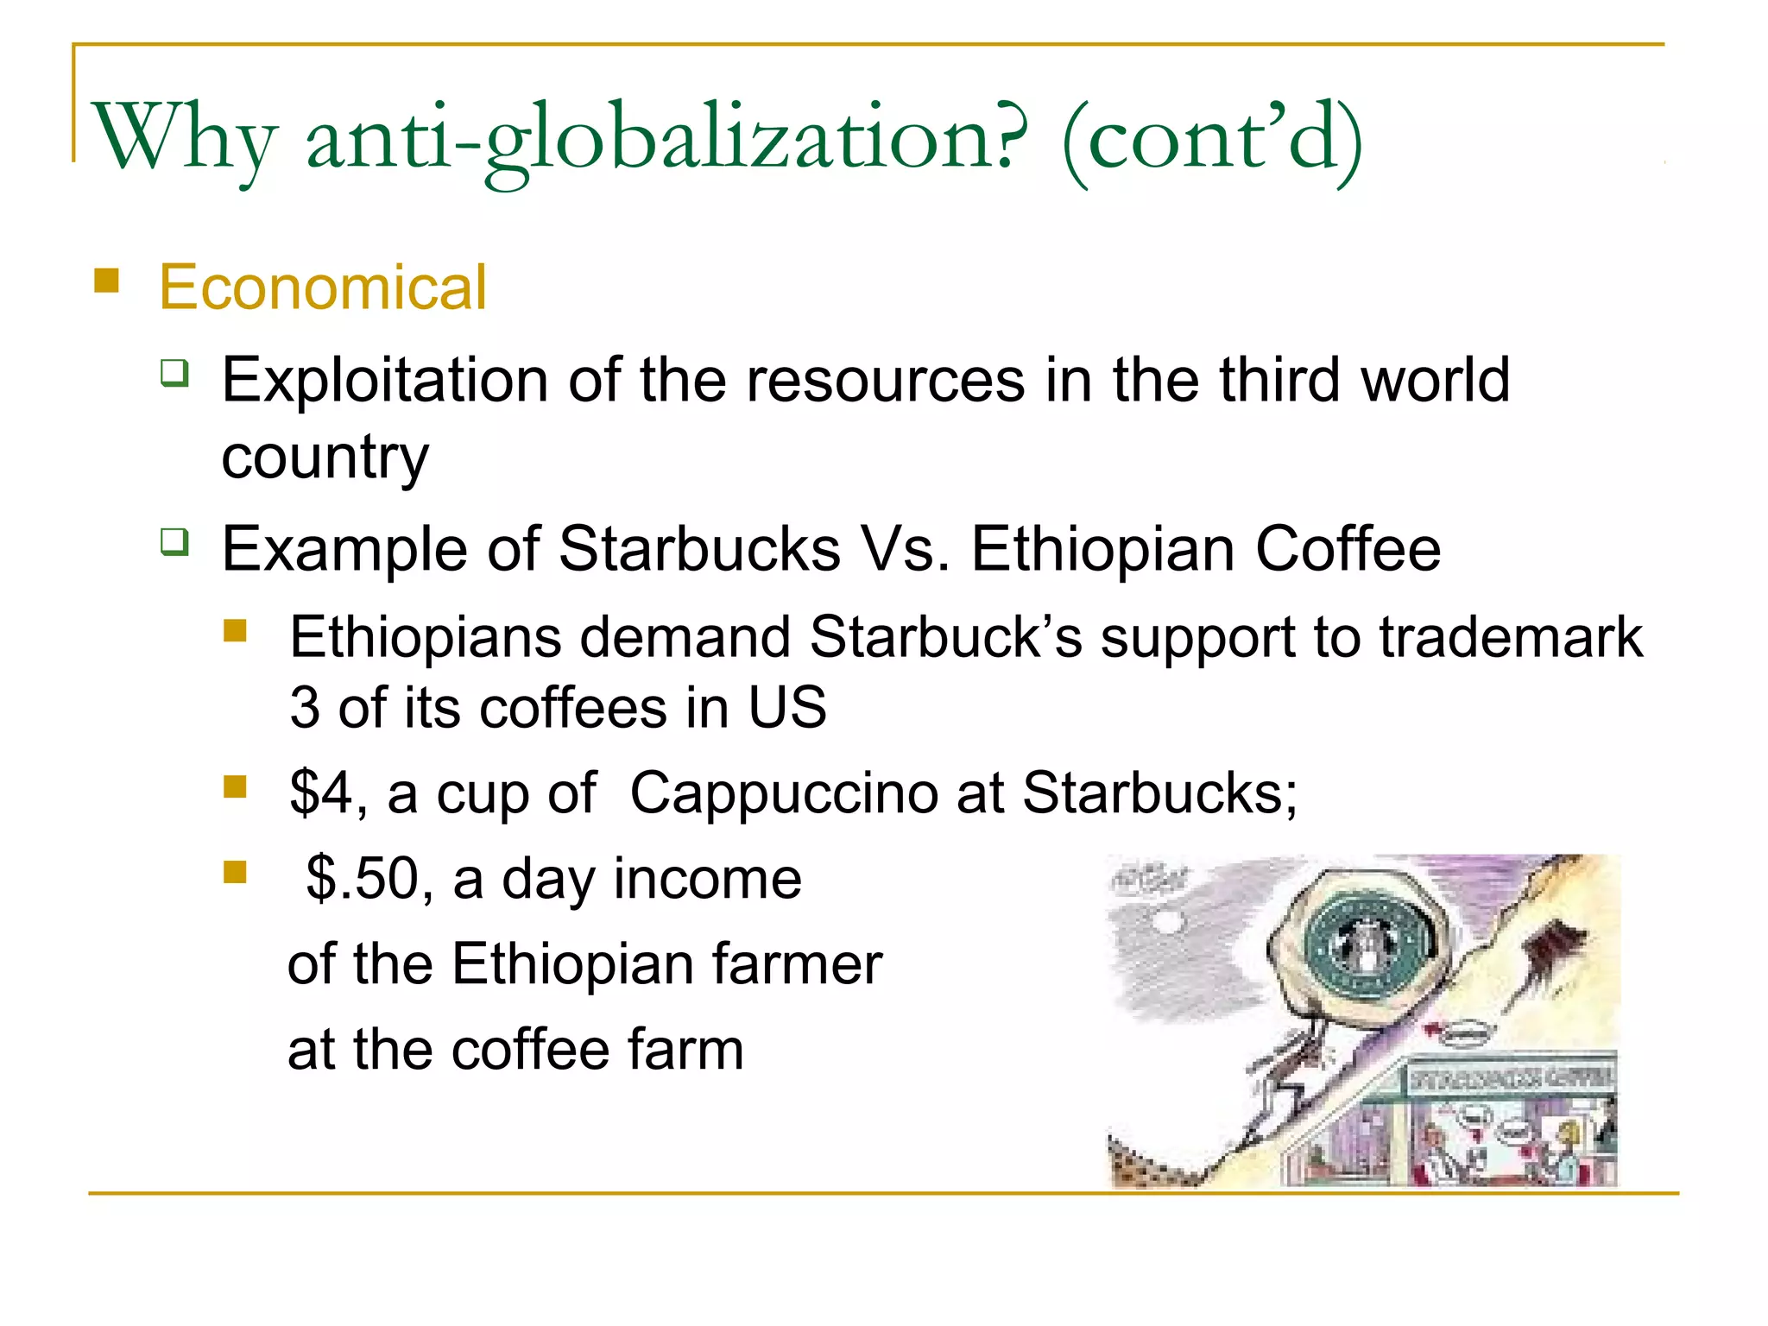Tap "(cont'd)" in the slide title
(x=1212, y=138)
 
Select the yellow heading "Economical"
(x=323, y=287)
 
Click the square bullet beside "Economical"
(x=106, y=281)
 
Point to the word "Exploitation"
(x=384, y=380)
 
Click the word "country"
(x=325, y=458)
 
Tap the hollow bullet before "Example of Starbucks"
(x=174, y=542)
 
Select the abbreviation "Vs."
(x=905, y=549)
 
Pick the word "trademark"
(x=1511, y=637)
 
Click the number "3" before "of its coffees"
(x=304, y=708)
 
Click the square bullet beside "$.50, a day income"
(x=235, y=872)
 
